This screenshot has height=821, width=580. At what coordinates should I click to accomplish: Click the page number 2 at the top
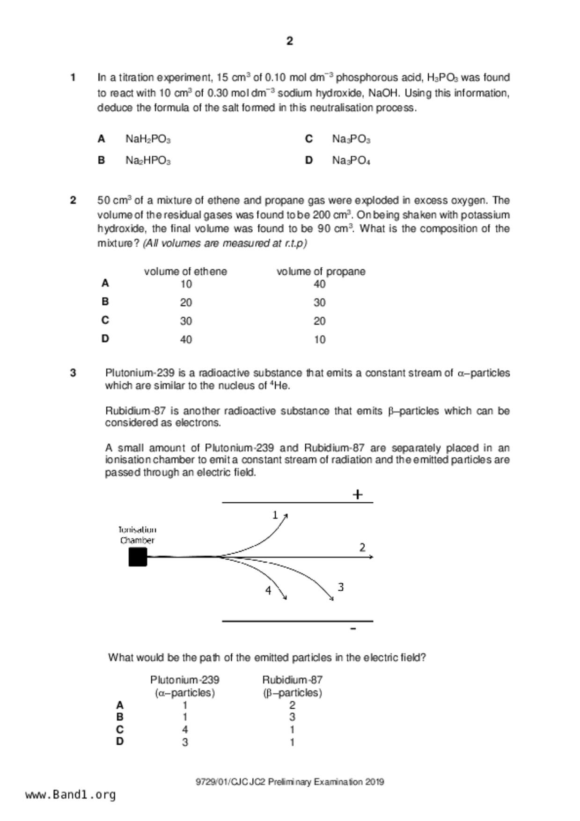coord(289,41)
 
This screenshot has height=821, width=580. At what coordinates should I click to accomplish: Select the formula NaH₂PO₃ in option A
coord(148,139)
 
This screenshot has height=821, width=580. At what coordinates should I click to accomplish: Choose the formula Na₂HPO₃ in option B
coord(148,161)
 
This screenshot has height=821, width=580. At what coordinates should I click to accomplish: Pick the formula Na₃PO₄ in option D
coord(351,161)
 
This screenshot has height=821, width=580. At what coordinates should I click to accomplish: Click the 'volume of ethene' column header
coord(185,271)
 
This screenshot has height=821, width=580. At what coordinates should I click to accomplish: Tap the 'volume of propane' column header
coord(321,271)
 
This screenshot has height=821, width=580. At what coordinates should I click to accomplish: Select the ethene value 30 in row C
coord(186,321)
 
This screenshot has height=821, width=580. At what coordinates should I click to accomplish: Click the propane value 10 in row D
coord(320,340)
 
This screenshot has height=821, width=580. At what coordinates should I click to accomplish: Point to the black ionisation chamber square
coord(138,557)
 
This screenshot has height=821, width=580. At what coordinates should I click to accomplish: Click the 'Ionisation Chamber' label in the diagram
coord(137,535)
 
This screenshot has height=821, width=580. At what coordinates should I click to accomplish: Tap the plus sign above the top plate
coord(358,494)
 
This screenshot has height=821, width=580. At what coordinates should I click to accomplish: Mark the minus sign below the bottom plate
coord(353,629)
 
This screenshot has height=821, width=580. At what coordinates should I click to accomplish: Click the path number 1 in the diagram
coord(275,515)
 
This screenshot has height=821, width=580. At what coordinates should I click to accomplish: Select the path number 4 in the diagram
coord(268,591)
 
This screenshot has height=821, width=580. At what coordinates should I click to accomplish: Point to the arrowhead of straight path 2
coord(371,557)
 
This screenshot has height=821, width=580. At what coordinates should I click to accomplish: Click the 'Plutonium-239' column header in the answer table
coord(184,680)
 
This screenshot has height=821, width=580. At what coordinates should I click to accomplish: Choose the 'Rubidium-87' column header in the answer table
coord(292,680)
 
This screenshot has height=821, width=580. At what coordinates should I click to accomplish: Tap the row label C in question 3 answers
coord(120,730)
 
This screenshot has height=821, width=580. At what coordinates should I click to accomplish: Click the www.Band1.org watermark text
coord(70,795)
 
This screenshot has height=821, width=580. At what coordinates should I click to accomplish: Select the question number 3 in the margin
coord(73,373)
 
